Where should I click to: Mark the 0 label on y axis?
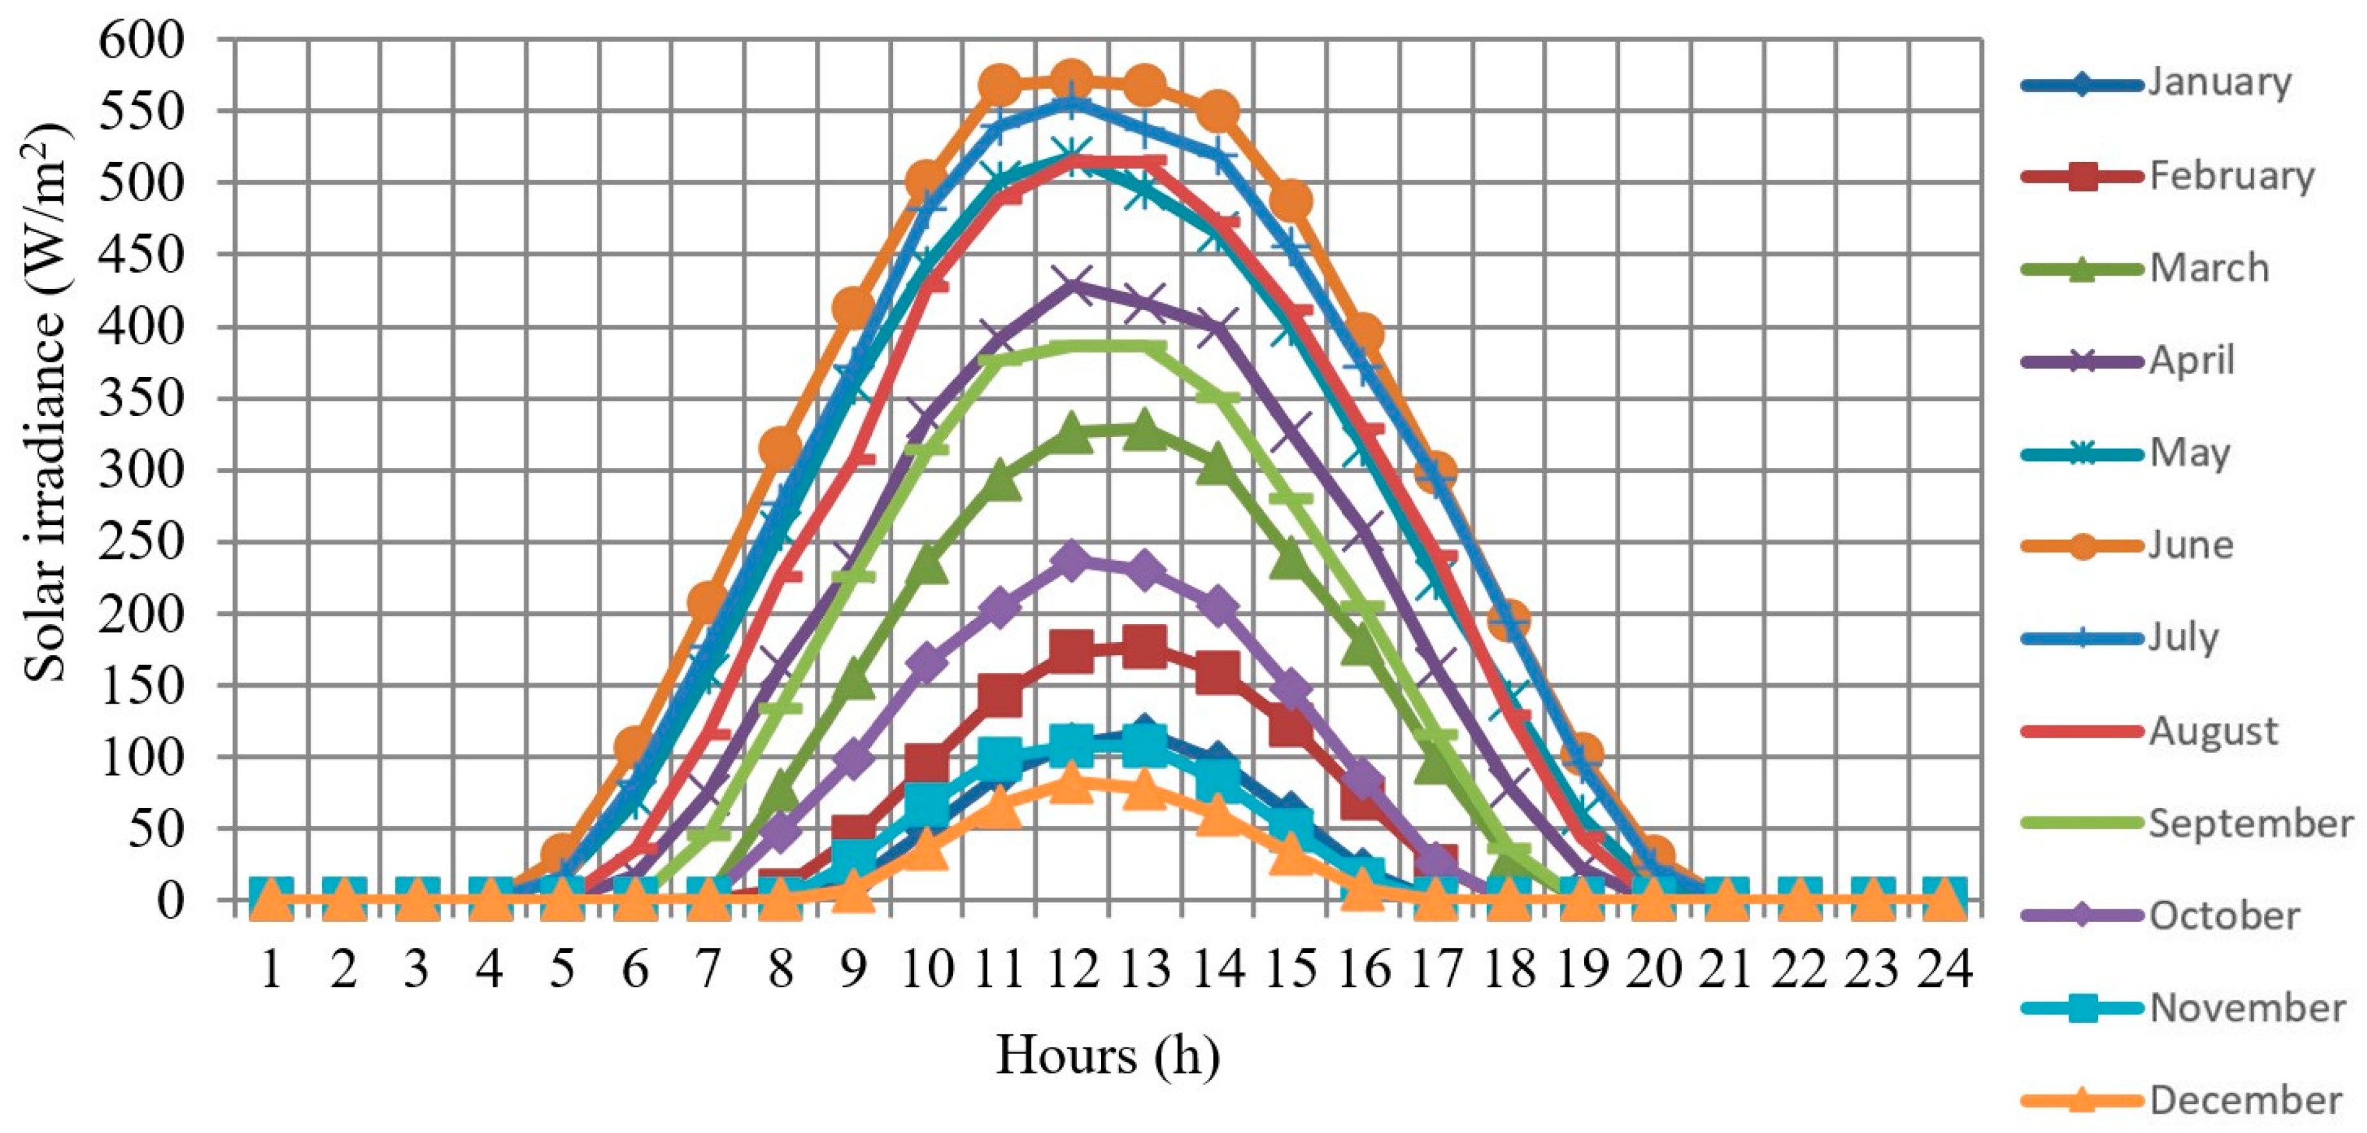tap(170, 900)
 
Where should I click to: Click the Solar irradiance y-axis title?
tap(46, 404)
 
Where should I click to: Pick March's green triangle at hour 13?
tap(1144, 429)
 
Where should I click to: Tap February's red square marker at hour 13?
tap(1144, 647)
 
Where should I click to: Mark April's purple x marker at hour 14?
tap(1218, 327)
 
